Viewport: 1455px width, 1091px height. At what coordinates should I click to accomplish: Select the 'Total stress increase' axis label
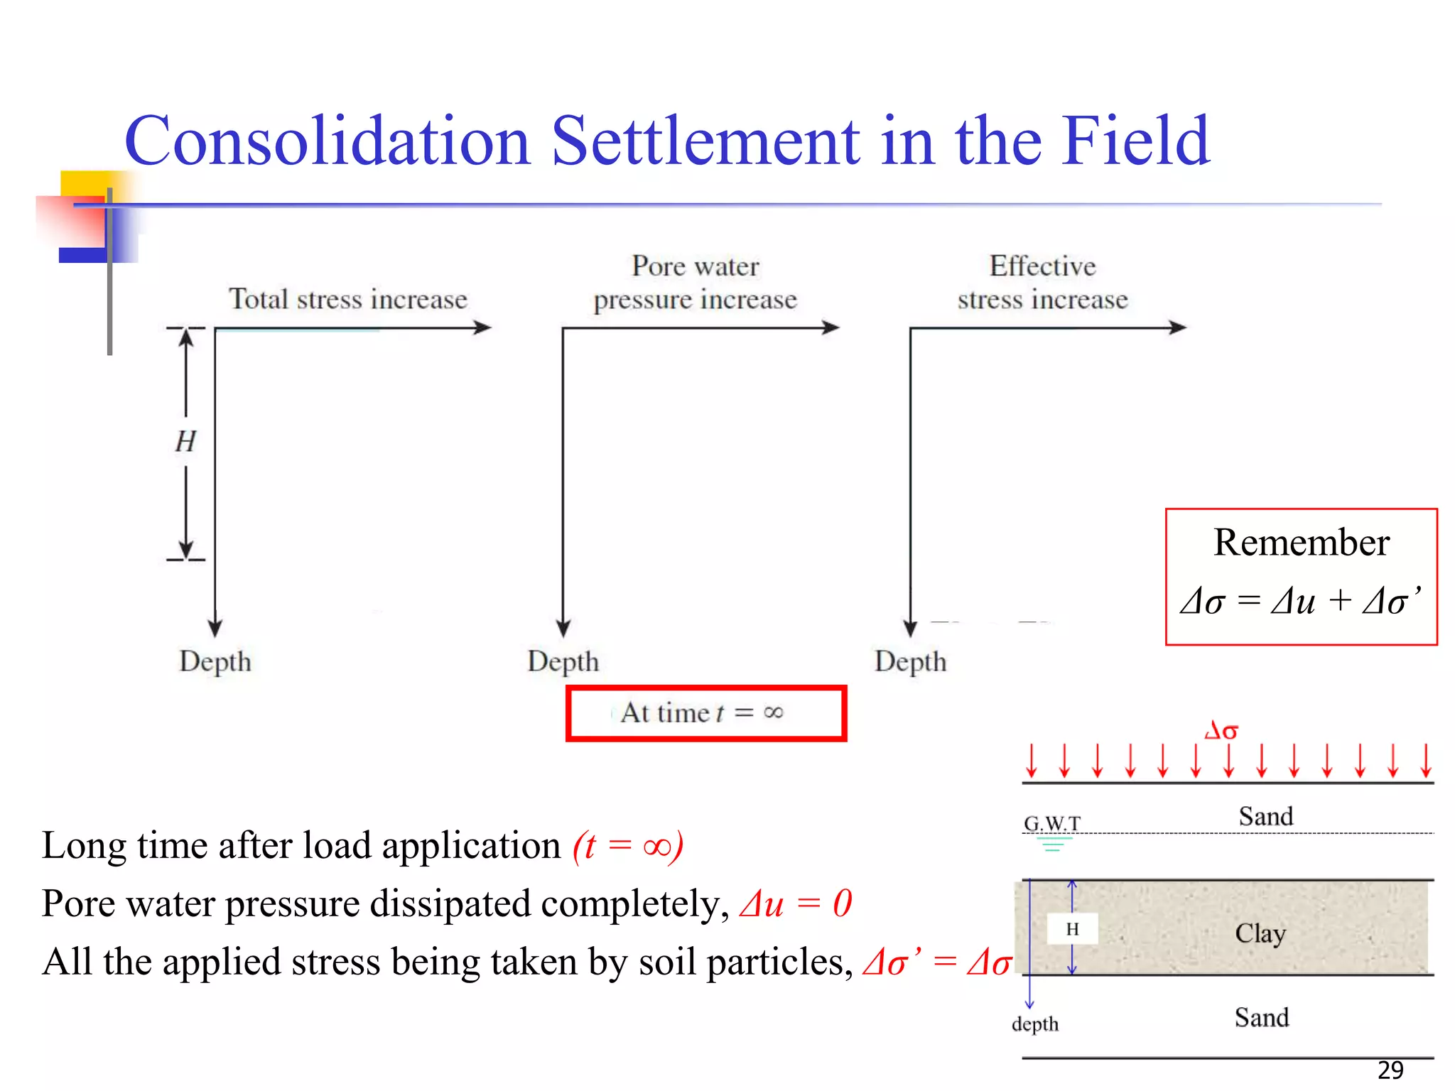[348, 299]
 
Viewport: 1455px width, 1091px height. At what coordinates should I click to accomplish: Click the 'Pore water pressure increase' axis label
[696, 283]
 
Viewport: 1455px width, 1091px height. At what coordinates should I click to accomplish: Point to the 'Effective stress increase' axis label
[1042, 283]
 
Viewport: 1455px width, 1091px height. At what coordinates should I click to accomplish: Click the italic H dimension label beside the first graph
[185, 442]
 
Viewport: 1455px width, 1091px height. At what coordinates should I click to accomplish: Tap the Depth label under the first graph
[215, 661]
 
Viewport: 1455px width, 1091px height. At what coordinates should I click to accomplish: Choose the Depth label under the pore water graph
[563, 661]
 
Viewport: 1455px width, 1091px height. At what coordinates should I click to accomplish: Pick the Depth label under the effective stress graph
[911, 661]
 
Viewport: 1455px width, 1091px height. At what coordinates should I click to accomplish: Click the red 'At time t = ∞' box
[705, 712]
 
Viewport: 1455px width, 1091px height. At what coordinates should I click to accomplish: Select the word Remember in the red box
[1301, 543]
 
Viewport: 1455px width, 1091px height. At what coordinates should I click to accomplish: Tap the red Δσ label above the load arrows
[1221, 730]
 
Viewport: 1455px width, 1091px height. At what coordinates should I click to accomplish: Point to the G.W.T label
[1052, 823]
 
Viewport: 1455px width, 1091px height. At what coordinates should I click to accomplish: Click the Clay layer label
[1260, 933]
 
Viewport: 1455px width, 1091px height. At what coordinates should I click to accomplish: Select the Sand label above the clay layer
[1266, 816]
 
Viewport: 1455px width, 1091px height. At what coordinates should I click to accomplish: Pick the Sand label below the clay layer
[1262, 1017]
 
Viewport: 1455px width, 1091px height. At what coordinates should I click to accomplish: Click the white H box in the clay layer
[1073, 929]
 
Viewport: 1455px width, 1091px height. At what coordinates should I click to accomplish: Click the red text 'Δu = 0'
[796, 904]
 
